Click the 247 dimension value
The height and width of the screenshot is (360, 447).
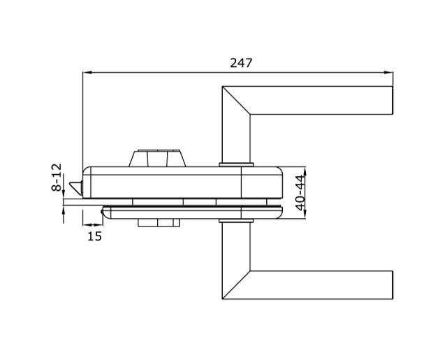click(x=241, y=63)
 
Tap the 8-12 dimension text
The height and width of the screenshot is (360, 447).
click(x=57, y=177)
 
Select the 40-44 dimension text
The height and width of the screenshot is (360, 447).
click(x=300, y=192)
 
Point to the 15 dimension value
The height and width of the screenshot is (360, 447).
click(x=94, y=236)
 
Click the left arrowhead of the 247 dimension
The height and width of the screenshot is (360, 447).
click(x=87, y=73)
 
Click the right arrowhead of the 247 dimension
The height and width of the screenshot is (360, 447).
click(x=388, y=73)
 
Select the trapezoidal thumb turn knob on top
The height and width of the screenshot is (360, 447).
click(x=157, y=158)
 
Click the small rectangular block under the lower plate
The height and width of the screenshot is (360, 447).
click(x=159, y=223)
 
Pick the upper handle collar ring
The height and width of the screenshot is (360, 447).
click(x=236, y=164)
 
